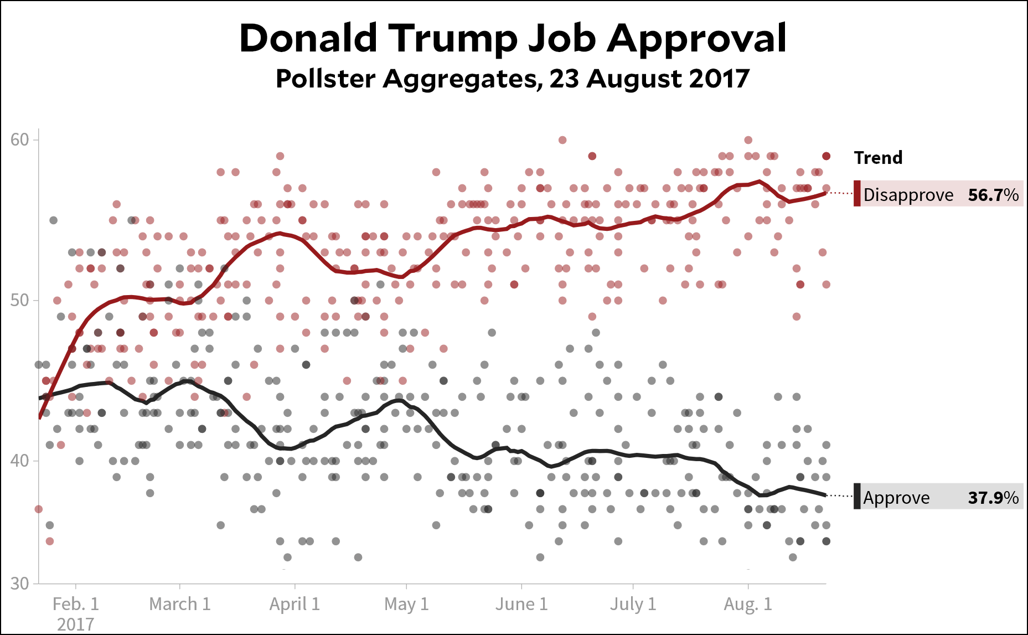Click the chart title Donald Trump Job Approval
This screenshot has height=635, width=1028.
click(x=513, y=39)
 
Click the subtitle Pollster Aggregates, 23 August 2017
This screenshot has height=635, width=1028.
click(x=513, y=79)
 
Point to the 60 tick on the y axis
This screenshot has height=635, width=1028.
click(x=19, y=140)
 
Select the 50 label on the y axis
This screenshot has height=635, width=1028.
click(x=19, y=300)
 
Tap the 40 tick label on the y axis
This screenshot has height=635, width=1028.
click(x=19, y=461)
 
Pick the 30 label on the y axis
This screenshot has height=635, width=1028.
click(x=19, y=584)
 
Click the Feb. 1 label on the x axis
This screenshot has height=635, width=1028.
click(x=76, y=604)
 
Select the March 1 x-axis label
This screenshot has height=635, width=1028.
click(x=180, y=604)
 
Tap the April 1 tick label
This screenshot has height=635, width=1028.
click(x=295, y=604)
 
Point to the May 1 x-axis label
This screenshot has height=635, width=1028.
click(x=406, y=604)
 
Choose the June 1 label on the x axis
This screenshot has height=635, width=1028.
click(x=521, y=604)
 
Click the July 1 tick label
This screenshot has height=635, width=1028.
click(x=633, y=604)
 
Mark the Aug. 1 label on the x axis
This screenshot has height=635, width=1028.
click(x=748, y=604)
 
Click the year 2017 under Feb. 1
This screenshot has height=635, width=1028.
click(x=76, y=624)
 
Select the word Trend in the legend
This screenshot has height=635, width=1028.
click(x=878, y=158)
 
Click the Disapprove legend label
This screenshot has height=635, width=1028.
click(x=908, y=195)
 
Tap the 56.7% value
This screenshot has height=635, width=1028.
click(x=993, y=195)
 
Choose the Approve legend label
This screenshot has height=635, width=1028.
click(x=896, y=498)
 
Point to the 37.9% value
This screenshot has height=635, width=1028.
click(x=993, y=498)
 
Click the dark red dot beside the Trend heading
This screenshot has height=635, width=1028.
click(x=826, y=156)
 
